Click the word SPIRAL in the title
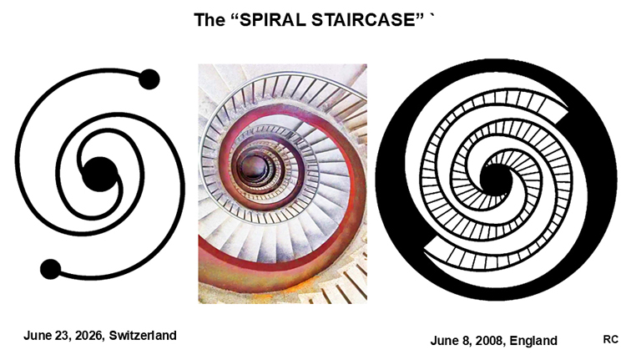[270, 19]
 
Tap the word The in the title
[210, 19]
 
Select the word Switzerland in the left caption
[143, 335]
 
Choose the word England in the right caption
[533, 341]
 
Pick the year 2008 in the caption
[491, 341]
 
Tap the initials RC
[610, 339]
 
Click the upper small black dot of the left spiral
[149, 79]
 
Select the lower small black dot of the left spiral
[51, 269]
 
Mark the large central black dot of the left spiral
[100, 175]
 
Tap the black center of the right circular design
[495, 180]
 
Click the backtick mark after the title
[432, 16]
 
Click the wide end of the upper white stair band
[556, 108]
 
